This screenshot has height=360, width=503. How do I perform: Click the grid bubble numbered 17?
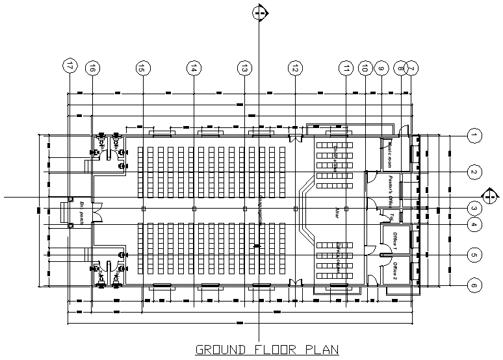click(70, 66)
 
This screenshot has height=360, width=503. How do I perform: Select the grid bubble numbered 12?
click(295, 66)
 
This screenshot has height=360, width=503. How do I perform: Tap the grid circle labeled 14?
click(194, 66)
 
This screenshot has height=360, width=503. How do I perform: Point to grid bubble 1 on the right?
click(475, 136)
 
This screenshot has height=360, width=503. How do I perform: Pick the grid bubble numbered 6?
click(475, 285)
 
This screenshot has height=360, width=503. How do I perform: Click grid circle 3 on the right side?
click(475, 209)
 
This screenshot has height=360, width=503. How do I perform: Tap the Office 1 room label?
click(394, 239)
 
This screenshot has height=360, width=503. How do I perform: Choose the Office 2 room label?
click(394, 270)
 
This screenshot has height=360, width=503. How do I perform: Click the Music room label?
click(391, 151)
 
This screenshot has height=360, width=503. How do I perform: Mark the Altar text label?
click(337, 212)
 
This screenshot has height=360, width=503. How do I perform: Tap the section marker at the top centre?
click(260, 13)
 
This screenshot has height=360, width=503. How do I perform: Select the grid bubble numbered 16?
click(93, 66)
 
